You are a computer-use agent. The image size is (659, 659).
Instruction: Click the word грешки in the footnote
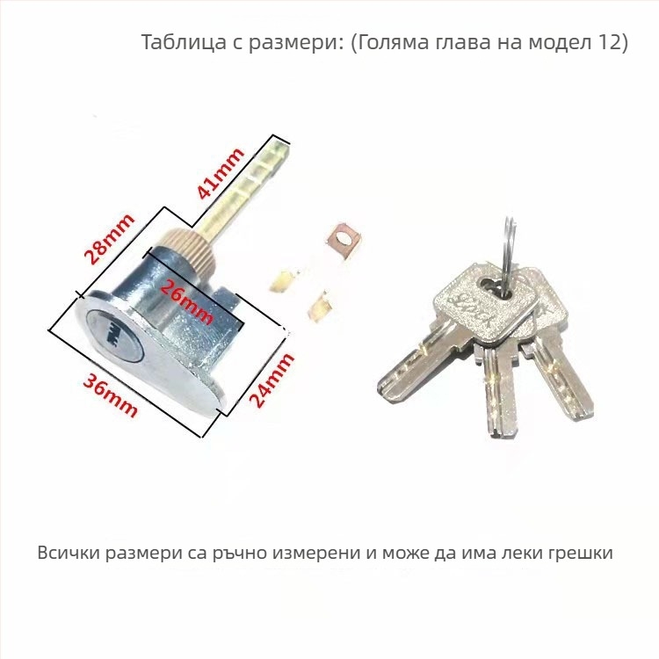coord(581,554)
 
